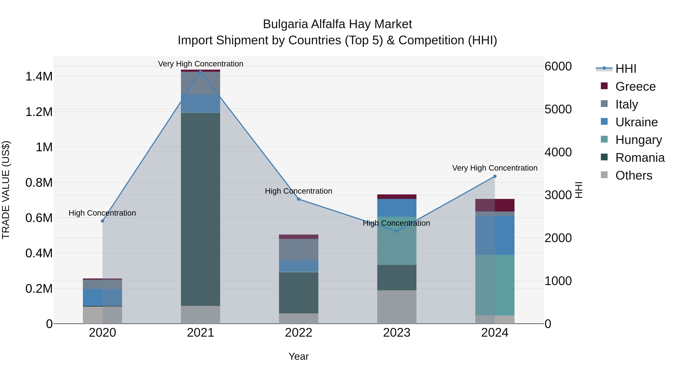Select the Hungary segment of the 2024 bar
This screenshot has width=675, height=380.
coord(495,285)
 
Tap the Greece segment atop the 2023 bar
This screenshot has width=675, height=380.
coord(397,197)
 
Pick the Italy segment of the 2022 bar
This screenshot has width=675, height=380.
coord(298,249)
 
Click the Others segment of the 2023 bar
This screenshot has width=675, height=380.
coord(397,307)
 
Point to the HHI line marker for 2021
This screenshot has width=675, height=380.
coord(201,72)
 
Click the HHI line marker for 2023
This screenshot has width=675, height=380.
coord(397,231)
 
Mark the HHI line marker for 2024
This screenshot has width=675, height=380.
coord(495,177)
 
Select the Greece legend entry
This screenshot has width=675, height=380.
coord(635,87)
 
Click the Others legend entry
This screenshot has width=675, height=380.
coord(634,175)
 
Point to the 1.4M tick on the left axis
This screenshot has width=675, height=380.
coord(39,77)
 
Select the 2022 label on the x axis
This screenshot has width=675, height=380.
coord(298,333)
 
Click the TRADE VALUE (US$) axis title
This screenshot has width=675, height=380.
coord(6,190)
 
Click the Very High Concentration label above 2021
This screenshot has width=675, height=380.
coord(201,64)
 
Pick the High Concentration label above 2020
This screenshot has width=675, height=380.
coord(102,213)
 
